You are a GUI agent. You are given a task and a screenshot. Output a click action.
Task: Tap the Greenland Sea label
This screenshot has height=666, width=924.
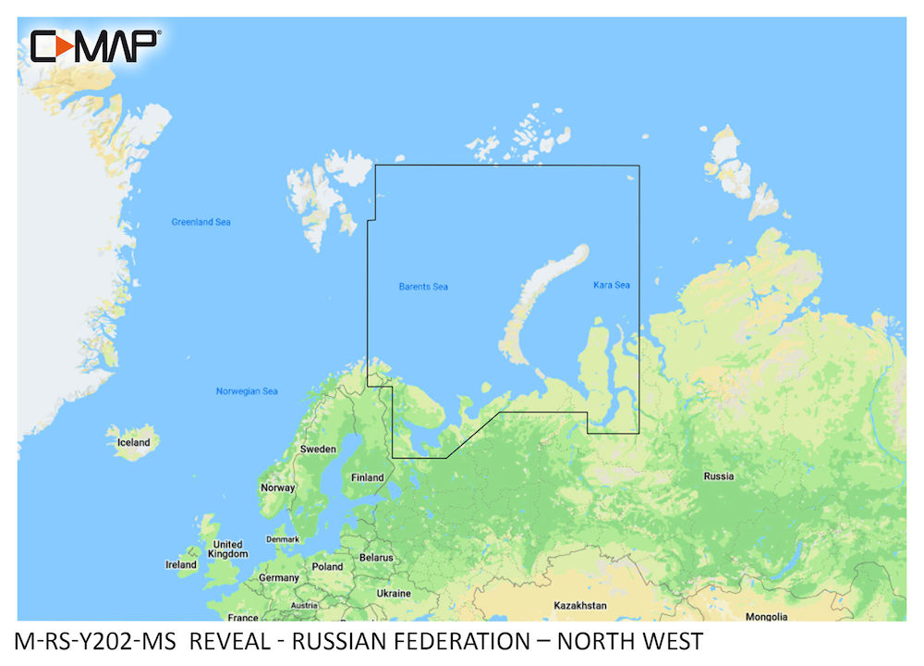click(201, 222)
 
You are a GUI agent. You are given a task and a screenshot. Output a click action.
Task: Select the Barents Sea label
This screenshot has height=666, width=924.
click(423, 287)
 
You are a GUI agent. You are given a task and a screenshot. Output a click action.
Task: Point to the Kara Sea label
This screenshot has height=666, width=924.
click(612, 285)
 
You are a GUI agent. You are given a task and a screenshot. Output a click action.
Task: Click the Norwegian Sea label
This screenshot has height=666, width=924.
click(247, 391)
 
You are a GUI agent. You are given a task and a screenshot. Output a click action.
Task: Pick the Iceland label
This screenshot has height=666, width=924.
click(133, 442)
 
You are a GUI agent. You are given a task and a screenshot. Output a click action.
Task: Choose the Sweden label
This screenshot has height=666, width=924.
click(318, 450)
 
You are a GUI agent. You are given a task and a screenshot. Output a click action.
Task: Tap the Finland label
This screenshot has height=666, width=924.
click(367, 478)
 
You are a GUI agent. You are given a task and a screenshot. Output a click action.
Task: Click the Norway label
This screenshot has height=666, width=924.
click(278, 487)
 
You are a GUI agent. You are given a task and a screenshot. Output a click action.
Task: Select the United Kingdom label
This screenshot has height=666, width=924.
click(228, 549)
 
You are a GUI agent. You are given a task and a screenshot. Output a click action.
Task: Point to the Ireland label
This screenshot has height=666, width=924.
click(181, 564)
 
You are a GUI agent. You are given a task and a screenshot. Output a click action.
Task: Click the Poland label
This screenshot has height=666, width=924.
click(327, 566)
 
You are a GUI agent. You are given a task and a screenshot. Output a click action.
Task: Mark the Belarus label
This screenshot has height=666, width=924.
click(376, 558)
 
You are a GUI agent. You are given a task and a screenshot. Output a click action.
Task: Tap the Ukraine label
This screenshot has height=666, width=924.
click(394, 593)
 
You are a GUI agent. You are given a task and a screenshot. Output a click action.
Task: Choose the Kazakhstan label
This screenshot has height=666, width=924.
click(579, 605)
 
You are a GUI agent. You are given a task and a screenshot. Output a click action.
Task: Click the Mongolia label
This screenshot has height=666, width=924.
click(768, 616)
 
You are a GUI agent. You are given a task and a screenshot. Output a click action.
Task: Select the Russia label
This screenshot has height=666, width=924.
click(719, 476)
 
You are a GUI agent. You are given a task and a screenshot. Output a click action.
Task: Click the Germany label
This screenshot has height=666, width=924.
click(278, 577)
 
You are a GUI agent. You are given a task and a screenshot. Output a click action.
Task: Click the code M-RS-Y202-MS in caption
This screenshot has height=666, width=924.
click(95, 641)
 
